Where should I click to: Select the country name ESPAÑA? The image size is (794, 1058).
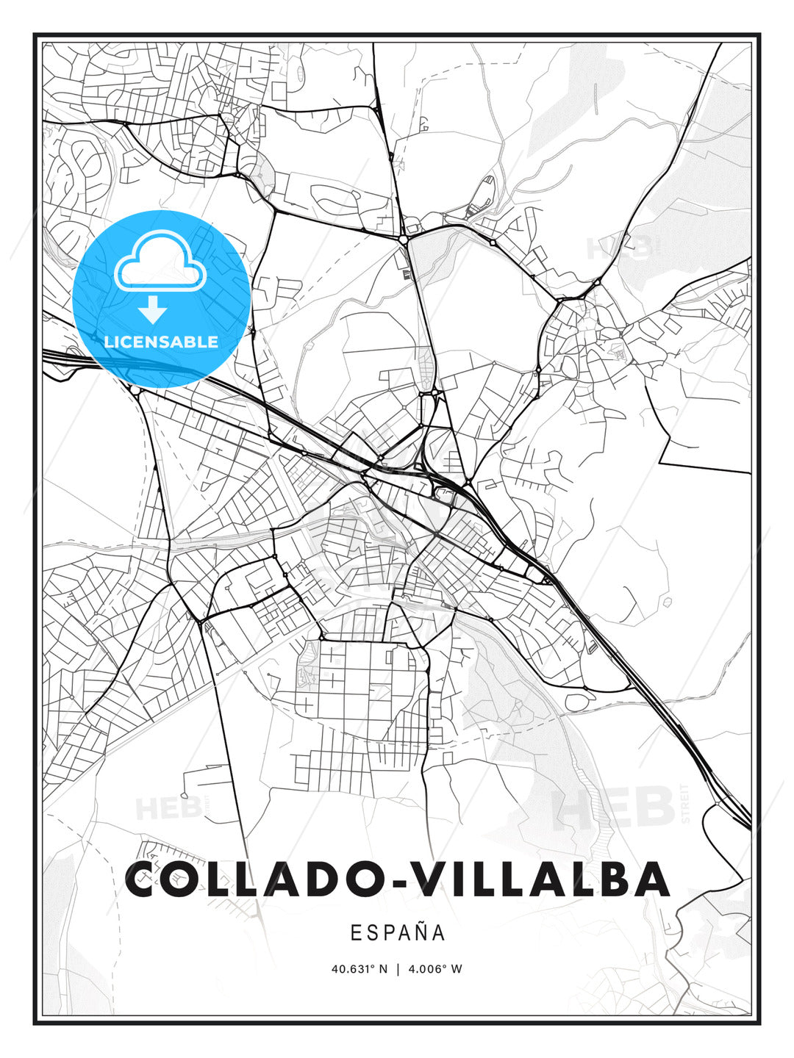click(397, 933)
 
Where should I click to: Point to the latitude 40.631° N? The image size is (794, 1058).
click(359, 969)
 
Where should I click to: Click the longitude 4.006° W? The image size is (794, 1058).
click(436, 969)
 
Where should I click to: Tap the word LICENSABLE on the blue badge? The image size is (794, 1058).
click(161, 342)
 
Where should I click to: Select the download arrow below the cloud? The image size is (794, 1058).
click(153, 309)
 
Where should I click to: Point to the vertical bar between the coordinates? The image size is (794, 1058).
click(397, 969)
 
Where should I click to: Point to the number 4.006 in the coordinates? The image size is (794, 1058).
click(426, 969)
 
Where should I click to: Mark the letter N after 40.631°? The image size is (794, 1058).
click(382, 969)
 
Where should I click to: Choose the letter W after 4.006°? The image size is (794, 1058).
click(457, 969)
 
